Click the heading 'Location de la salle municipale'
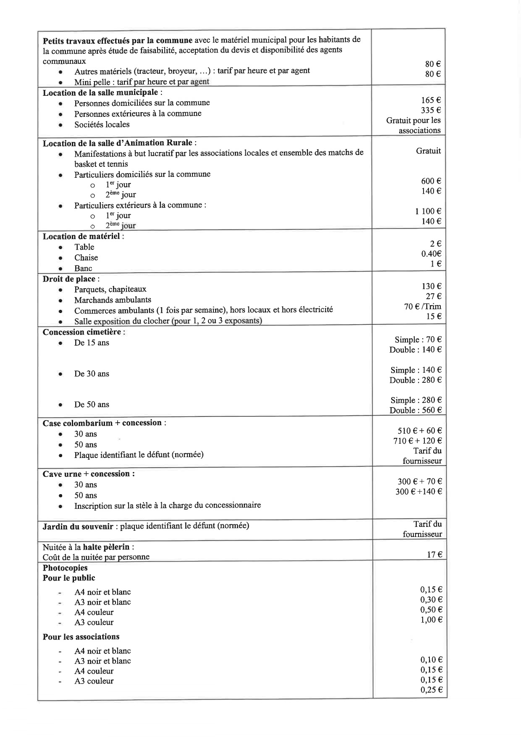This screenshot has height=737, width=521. (101, 92)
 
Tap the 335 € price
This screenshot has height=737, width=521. (431, 110)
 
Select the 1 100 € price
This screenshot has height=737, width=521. (428, 211)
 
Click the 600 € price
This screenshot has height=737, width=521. (431, 181)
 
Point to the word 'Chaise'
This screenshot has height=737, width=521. (86, 258)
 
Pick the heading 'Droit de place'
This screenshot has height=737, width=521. (69, 279)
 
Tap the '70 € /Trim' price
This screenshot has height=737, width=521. (422, 306)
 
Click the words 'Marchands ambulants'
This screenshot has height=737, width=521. (113, 300)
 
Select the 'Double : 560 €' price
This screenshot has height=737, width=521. (415, 410)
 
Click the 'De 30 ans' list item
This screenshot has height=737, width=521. (92, 374)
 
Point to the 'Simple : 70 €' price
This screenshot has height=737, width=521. (418, 340)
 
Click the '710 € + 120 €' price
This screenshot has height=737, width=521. (417, 441)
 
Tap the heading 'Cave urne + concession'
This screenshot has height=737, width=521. (88, 474)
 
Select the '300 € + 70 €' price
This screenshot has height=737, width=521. (419, 482)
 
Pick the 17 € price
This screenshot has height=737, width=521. (434, 555)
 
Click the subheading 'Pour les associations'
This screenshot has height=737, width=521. (81, 637)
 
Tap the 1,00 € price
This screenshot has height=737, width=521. (431, 620)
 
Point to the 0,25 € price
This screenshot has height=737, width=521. (431, 690)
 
